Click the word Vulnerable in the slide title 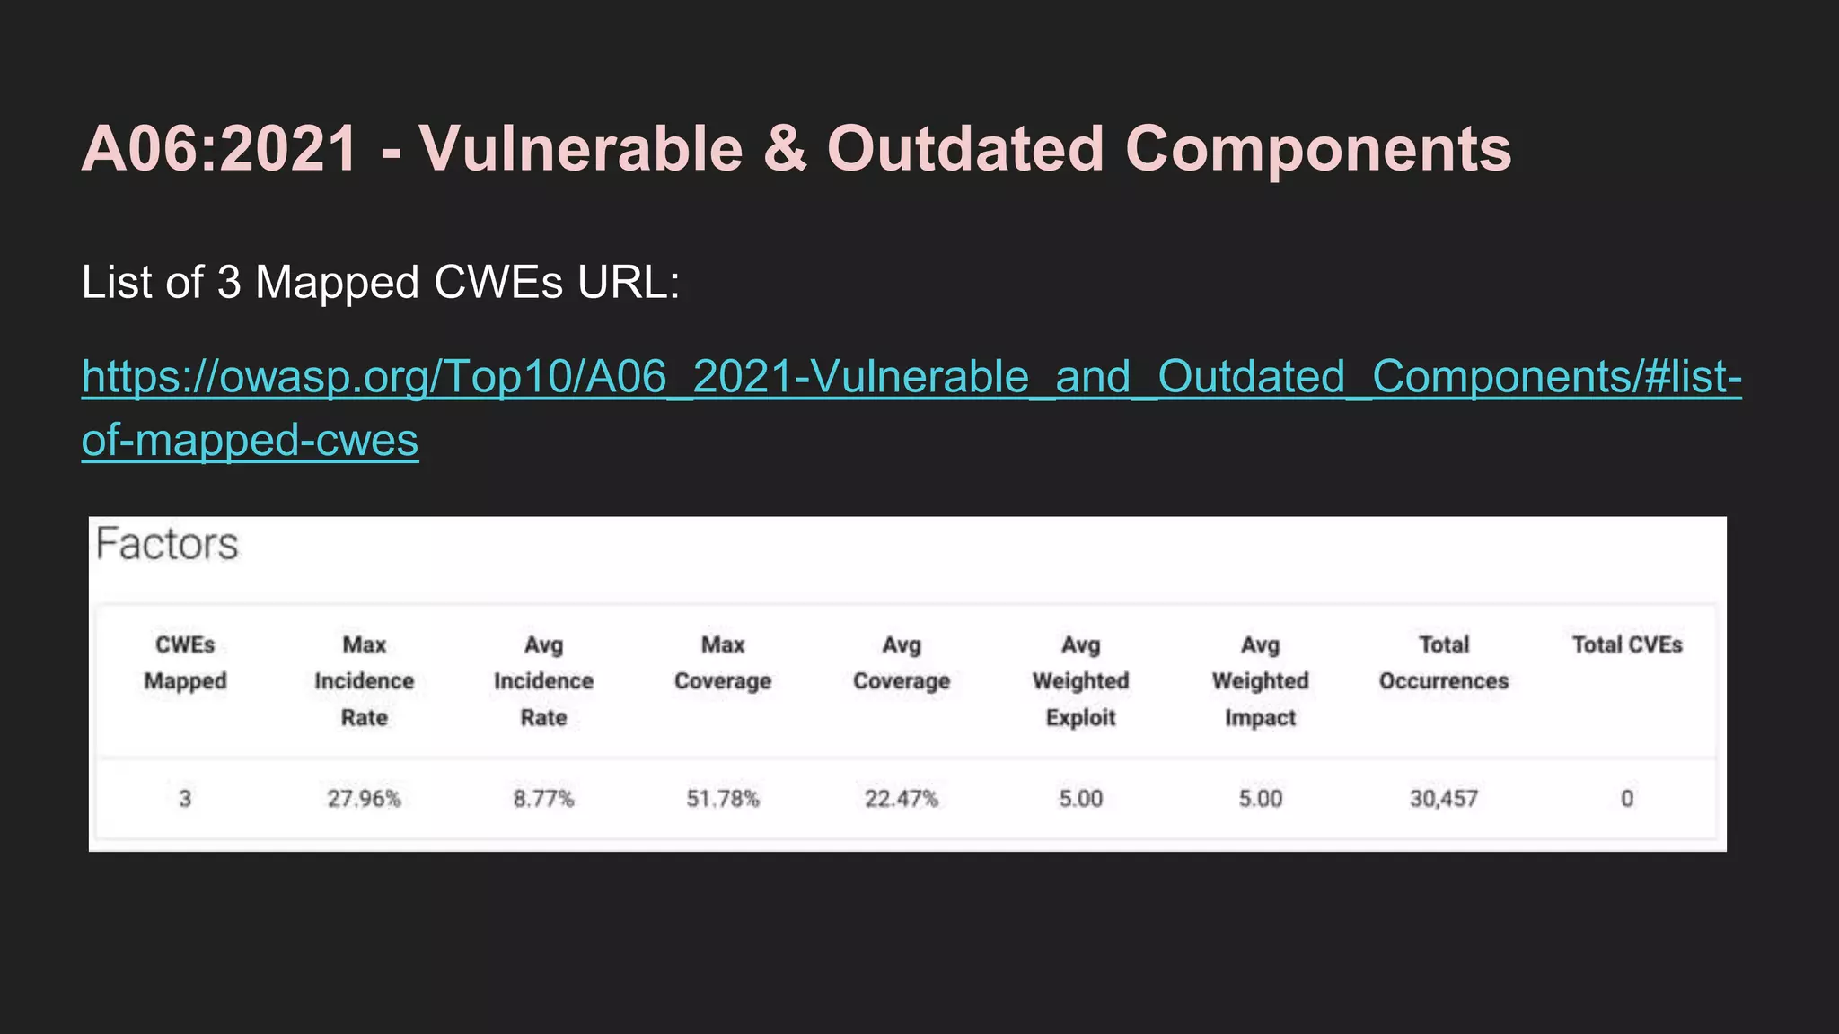tap(580, 148)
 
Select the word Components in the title tap(1318, 148)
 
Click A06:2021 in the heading tap(219, 148)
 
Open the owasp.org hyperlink tap(911, 377)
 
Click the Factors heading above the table tap(167, 544)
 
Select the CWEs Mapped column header tap(185, 662)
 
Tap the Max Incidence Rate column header tap(364, 680)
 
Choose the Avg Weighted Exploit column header tap(1080, 680)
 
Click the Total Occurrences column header tap(1443, 662)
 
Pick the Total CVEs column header tap(1626, 644)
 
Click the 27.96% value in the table tap(364, 798)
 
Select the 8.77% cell tap(543, 798)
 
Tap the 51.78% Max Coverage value tap(723, 798)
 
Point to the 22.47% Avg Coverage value tap(901, 798)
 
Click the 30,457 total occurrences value tap(1443, 798)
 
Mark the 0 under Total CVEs tap(1626, 798)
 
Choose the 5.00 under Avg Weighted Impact tap(1260, 798)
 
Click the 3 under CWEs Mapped tap(185, 798)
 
